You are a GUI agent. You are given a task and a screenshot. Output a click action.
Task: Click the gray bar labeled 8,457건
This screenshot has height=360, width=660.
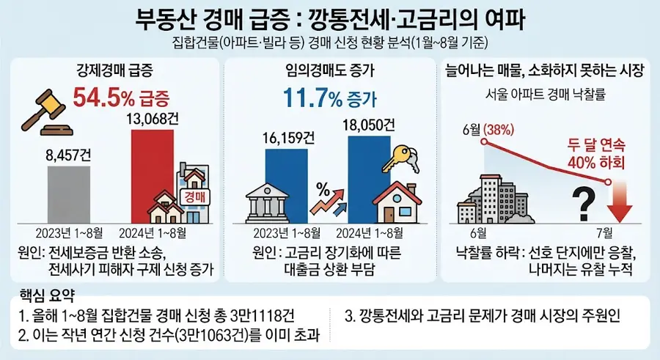pos(69,194)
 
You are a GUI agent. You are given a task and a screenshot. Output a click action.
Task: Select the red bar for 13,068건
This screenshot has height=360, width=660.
pos(153,176)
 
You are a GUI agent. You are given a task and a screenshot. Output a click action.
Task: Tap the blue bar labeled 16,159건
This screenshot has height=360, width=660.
pos(286,185)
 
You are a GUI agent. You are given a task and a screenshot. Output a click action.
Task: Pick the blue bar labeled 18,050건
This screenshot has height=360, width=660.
pos(369,179)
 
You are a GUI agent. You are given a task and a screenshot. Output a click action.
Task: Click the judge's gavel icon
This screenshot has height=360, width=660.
pos(44,112)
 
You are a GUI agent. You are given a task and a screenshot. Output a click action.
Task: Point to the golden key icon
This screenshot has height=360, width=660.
pos(400,158)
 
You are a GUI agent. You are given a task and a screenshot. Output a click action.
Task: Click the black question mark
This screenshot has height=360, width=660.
pos(584,205)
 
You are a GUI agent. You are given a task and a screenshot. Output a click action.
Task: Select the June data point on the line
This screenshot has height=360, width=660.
pos(484,142)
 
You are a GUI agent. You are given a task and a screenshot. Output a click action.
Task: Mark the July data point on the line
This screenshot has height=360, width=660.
pos(608,182)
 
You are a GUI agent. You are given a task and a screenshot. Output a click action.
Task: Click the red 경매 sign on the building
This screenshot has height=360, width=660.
pos(194,196)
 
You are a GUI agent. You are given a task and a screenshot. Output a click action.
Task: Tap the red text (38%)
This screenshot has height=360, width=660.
pos(499,130)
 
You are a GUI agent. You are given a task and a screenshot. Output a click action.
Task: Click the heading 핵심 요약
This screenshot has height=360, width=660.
pos(47,295)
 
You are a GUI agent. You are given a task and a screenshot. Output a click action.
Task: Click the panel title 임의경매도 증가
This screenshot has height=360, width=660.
pos(329,70)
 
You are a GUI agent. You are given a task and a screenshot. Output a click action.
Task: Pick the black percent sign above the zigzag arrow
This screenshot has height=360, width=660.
pos(323,191)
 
